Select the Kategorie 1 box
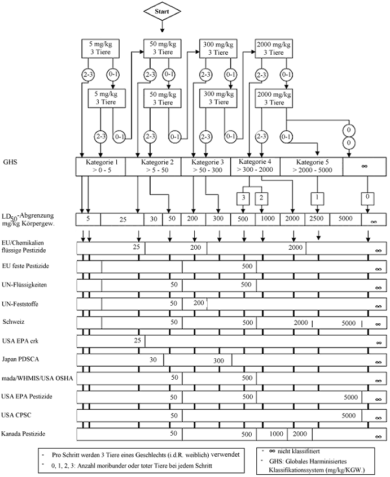100,166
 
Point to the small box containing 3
243,198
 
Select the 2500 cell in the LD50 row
316,219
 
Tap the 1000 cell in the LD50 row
268,219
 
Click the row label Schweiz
14,321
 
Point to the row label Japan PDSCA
20,359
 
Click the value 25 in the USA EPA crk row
137,341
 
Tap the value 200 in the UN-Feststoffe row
199,303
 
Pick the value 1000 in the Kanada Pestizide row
275,434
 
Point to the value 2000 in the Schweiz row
301,322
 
